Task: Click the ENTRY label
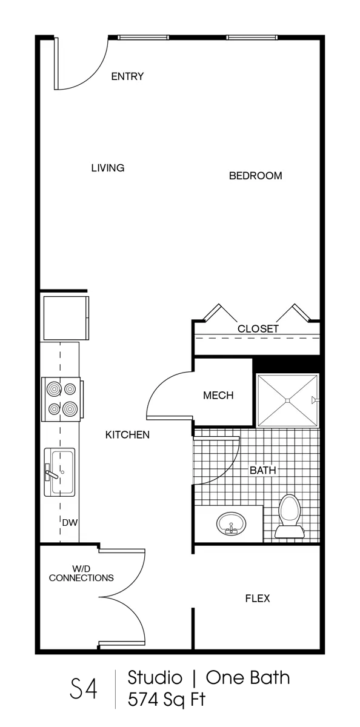tap(127, 76)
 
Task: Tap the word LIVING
tap(108, 168)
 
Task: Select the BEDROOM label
tap(256, 176)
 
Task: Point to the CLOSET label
tap(258, 329)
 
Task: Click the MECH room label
tap(218, 395)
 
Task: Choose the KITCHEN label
tap(127, 435)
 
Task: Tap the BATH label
tap(262, 470)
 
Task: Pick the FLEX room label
tap(258, 598)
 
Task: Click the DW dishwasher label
tap(70, 522)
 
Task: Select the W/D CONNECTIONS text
tap(81, 574)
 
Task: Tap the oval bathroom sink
tap(230, 523)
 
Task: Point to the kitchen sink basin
tap(62, 471)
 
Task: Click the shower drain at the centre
tap(287, 400)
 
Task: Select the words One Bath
tap(248, 678)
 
